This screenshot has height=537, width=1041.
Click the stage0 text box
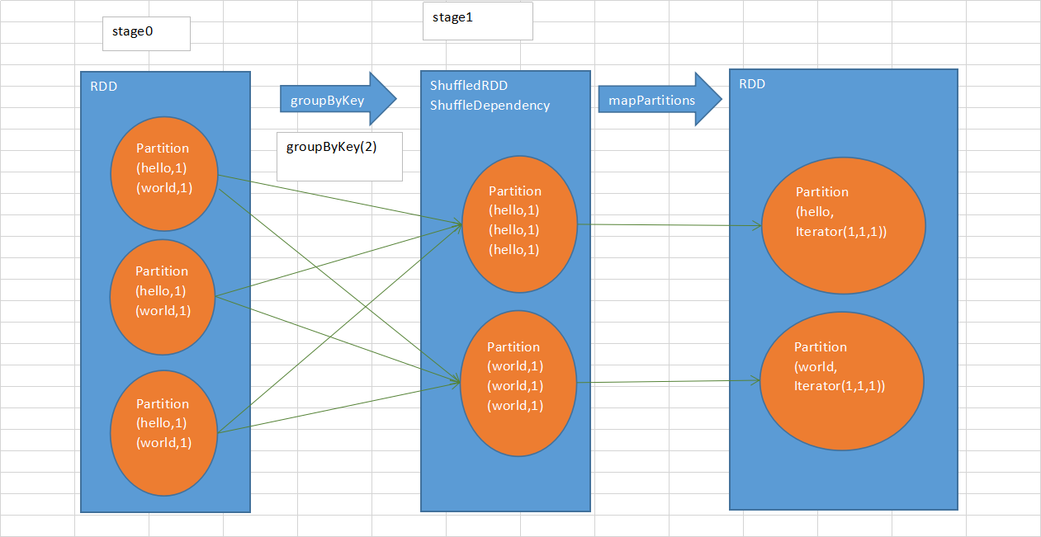point(146,34)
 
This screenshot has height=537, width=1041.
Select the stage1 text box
point(477,21)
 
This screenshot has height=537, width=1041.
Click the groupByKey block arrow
point(338,100)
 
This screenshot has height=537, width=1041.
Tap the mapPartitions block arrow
point(660,99)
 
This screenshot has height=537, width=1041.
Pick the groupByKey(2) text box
point(339,157)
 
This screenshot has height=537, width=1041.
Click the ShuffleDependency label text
point(490,106)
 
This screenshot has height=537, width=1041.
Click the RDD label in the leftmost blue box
point(104,87)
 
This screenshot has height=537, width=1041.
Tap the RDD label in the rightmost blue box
point(752,84)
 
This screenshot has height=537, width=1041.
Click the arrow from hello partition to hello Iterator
point(669,224)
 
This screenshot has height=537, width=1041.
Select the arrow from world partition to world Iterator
point(669,381)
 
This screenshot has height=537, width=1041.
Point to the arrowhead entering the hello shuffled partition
point(457,223)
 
